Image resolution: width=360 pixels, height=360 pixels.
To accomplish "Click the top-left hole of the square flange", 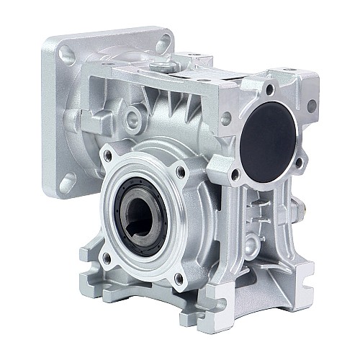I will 66,53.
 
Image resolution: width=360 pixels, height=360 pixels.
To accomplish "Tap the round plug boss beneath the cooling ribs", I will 134,116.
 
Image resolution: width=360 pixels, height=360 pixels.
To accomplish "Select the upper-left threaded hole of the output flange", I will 108,155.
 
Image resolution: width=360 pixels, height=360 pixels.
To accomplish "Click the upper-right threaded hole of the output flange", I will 180,171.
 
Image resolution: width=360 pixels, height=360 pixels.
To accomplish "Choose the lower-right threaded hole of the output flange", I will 179,276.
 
